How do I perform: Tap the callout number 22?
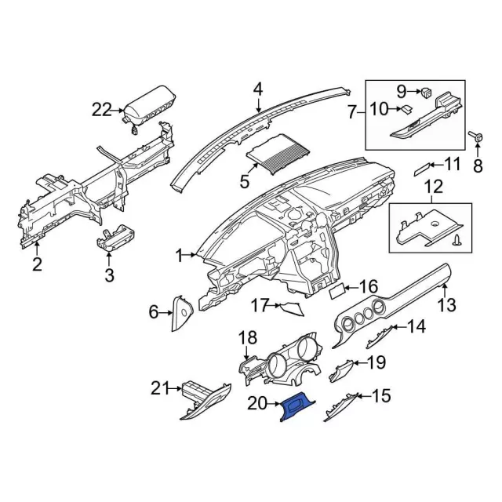point(101,110)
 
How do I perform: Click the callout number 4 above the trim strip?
point(258,89)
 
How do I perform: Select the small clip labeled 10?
point(409,110)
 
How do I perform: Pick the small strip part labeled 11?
point(424,166)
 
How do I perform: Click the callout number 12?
point(434,187)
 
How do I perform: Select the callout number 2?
point(37,264)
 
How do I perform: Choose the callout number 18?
point(247,338)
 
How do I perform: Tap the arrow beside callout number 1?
point(191,255)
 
